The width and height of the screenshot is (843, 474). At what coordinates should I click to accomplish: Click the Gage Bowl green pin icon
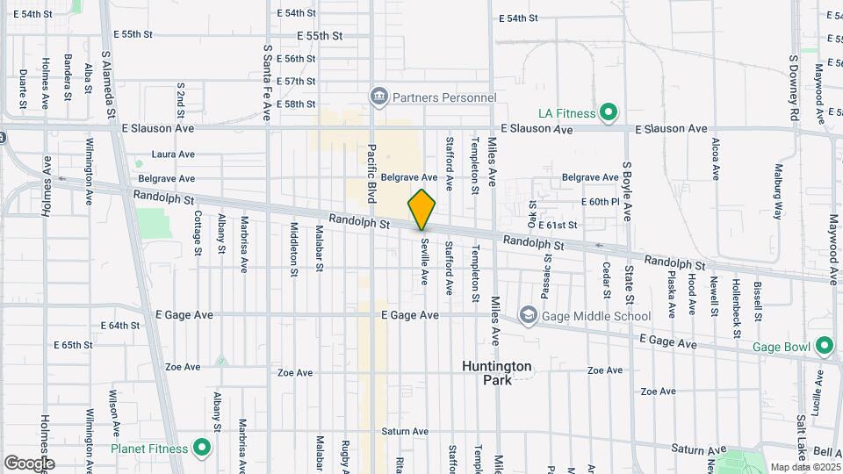(x=824, y=346)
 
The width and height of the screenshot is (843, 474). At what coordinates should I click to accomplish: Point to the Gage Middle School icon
(x=528, y=315)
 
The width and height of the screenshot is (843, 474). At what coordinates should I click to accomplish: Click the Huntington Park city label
(x=496, y=372)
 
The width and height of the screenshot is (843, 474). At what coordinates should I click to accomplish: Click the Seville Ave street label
(x=424, y=262)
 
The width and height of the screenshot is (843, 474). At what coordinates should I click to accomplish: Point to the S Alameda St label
(x=108, y=83)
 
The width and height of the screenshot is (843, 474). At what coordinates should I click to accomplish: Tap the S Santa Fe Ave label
(x=267, y=83)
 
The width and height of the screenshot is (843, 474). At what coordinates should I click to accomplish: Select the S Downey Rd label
(x=793, y=87)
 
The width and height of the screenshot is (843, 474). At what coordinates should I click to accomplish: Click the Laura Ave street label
(x=172, y=154)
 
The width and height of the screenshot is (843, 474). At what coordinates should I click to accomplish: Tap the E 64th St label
(x=120, y=325)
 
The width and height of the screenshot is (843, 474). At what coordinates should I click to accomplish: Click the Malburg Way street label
(x=778, y=190)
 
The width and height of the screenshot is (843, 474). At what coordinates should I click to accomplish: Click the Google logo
(x=29, y=463)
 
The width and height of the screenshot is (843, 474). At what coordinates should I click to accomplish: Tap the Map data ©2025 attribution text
(x=804, y=467)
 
